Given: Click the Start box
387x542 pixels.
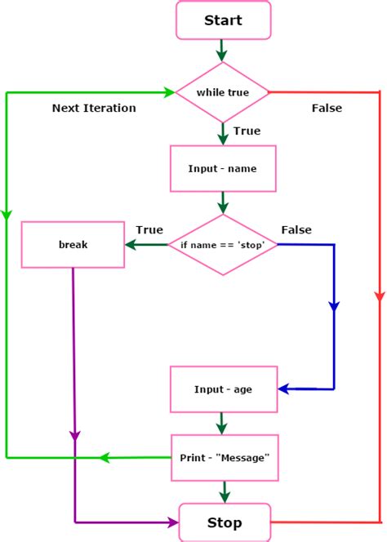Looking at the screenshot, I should click(223, 20).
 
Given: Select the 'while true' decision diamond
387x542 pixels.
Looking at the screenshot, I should click(223, 92).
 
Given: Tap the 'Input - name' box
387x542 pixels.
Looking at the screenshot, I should click(223, 169).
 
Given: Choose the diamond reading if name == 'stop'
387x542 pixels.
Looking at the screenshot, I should click(223, 245).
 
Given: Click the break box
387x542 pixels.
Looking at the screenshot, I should click(73, 245).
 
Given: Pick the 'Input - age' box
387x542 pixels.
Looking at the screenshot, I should click(223, 389).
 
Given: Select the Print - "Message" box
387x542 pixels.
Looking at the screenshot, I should click(223, 457).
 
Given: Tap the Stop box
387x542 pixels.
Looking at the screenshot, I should click(223, 522).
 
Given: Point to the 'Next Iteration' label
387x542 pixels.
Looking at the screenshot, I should click(94, 108).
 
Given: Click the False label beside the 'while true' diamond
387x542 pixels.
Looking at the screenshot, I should click(327, 108).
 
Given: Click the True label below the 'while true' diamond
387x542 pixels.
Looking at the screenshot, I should click(247, 131).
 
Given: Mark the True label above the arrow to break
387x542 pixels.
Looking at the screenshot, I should click(149, 229).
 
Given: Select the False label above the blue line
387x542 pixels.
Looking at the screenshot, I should click(296, 229).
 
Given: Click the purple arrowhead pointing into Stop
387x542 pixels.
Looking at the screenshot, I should click(172, 522).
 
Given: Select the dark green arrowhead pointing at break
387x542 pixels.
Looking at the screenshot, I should click(130, 245).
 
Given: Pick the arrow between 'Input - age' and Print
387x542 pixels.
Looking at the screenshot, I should click(223, 423).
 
